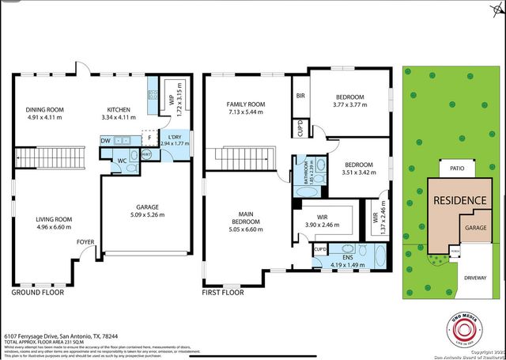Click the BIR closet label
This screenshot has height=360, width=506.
point(300,95)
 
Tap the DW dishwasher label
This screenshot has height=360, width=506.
point(105,140)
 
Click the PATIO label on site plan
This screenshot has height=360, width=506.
point(455,169)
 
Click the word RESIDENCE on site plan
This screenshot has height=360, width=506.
point(459,200)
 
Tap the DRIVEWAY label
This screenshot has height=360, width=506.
point(475,279)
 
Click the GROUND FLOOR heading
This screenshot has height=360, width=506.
point(37,293)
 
